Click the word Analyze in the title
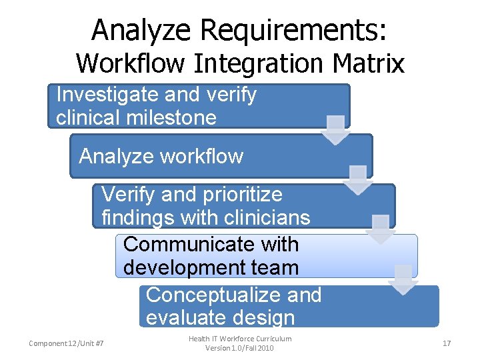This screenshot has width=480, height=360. [141, 30]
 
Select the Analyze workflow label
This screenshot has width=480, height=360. [161, 157]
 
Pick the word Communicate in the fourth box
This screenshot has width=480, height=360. [211, 245]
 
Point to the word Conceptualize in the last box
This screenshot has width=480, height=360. [233, 295]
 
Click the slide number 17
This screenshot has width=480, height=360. [447, 343]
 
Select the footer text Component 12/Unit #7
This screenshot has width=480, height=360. [71, 343]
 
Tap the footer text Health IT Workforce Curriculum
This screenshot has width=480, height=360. [240, 339]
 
